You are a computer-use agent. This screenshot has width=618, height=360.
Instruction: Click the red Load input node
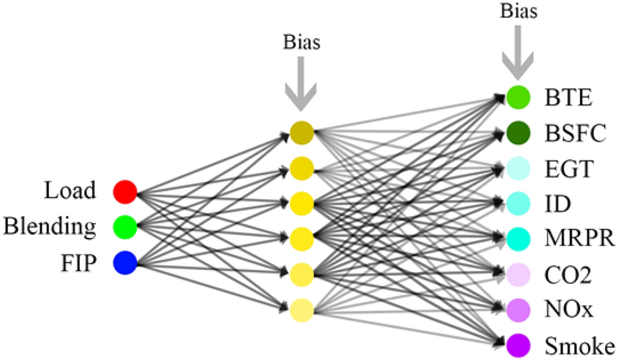click(x=125, y=191)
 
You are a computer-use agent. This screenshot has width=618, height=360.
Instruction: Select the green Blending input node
click(x=125, y=226)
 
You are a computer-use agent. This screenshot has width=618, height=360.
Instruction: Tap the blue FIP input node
click(x=125, y=262)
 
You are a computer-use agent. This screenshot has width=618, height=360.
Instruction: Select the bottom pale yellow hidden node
click(x=301, y=310)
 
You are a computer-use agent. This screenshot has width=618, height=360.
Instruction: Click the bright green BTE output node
click(x=518, y=97)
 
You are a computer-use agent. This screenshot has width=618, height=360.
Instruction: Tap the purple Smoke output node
click(x=518, y=346)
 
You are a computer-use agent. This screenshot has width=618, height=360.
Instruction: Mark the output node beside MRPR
click(x=518, y=239)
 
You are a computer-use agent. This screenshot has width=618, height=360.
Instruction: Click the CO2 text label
click(x=567, y=275)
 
